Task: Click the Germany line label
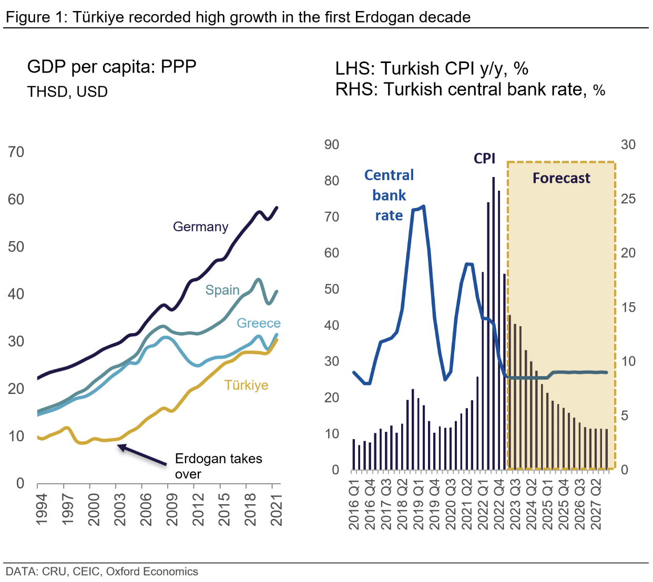click(x=200, y=227)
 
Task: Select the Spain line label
click(x=222, y=290)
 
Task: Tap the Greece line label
click(x=258, y=323)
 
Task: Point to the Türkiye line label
click(x=246, y=385)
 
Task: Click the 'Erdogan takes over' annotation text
click(x=218, y=466)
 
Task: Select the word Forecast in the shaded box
click(x=561, y=179)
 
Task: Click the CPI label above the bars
click(x=484, y=158)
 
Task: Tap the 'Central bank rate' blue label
click(x=389, y=195)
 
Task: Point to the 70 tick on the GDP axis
click(x=16, y=152)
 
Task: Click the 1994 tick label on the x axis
click(x=42, y=509)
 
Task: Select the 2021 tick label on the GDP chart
click(x=277, y=509)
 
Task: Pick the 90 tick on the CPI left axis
click(x=331, y=145)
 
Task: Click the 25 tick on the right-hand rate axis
click(x=628, y=199)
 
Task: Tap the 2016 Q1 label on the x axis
click(x=354, y=504)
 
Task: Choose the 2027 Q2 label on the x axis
click(x=596, y=504)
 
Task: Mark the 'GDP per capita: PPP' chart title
click(x=111, y=67)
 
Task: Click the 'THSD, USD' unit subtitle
click(x=67, y=92)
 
